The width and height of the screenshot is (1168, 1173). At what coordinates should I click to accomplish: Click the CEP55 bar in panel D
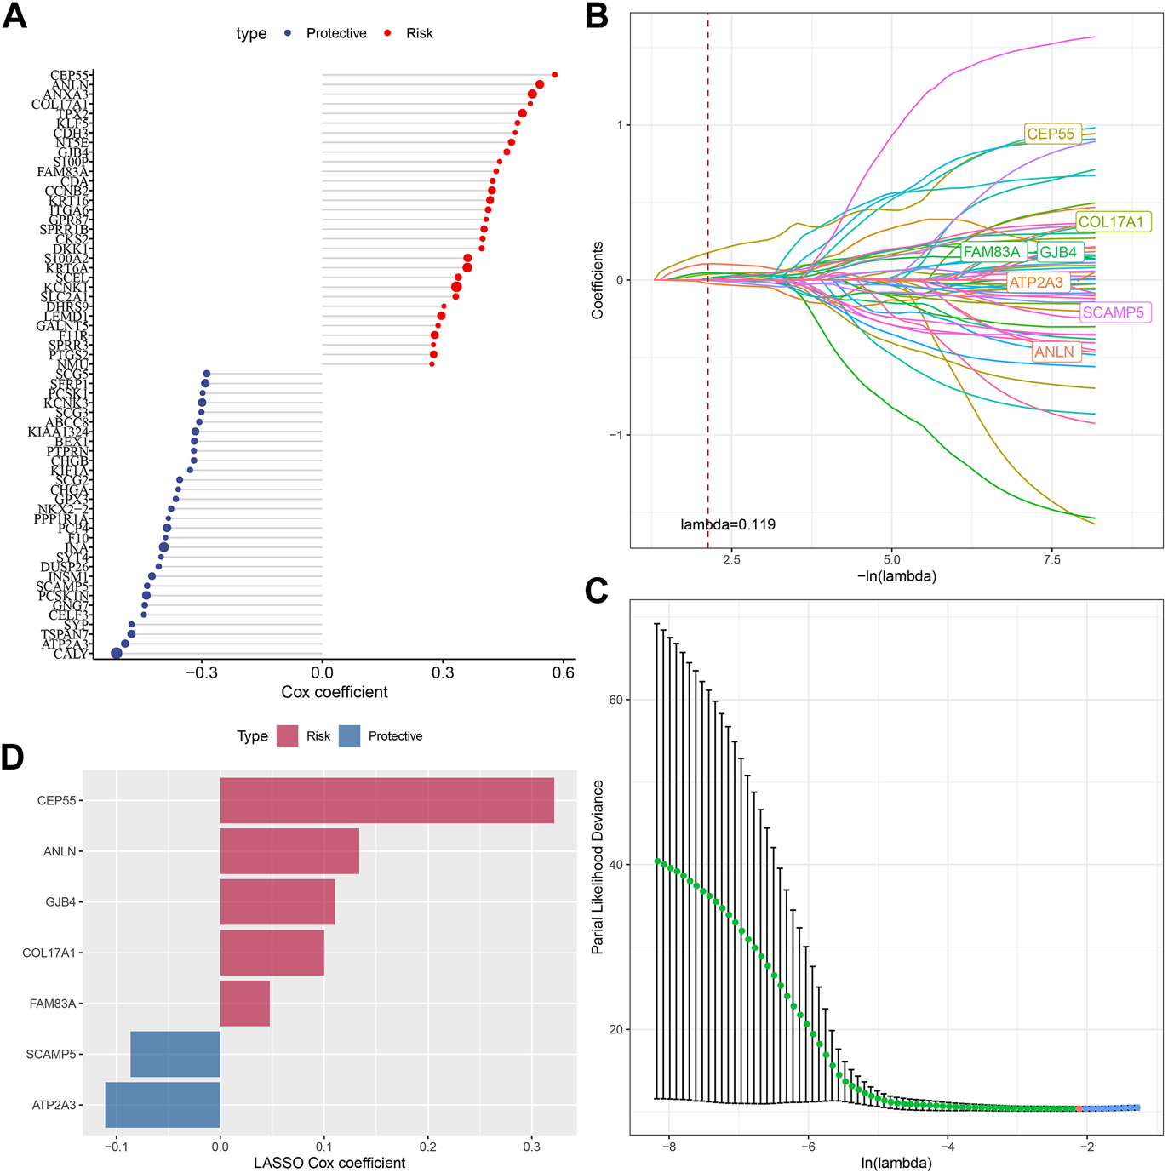tap(386, 800)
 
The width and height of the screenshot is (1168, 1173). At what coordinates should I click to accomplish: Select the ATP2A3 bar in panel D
tap(163, 1105)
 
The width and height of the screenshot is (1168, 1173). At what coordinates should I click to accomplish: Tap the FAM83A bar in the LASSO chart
tap(245, 1004)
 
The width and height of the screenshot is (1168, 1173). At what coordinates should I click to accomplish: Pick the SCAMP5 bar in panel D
tap(175, 1054)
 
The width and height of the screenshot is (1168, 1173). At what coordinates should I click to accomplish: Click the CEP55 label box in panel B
tap(1051, 134)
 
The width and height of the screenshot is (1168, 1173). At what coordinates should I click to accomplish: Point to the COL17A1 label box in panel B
tap(1111, 222)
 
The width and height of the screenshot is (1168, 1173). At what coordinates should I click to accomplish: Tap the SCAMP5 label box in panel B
tap(1114, 312)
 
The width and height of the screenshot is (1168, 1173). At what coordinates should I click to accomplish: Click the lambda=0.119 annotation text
tap(728, 524)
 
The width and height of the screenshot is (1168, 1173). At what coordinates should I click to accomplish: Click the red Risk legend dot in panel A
tap(388, 33)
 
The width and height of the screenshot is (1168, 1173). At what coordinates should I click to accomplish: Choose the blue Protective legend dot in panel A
tap(288, 33)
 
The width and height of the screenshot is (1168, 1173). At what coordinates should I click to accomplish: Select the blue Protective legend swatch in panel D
tap(349, 736)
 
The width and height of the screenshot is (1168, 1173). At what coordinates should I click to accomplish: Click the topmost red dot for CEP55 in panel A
tap(554, 75)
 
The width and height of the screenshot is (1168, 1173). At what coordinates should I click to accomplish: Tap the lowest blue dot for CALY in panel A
tap(117, 653)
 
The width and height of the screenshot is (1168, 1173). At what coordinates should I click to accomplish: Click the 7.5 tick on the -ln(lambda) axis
tap(1051, 559)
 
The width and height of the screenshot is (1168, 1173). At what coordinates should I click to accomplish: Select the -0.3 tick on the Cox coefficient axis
tap(202, 672)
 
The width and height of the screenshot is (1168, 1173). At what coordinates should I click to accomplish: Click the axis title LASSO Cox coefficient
tap(329, 1163)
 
